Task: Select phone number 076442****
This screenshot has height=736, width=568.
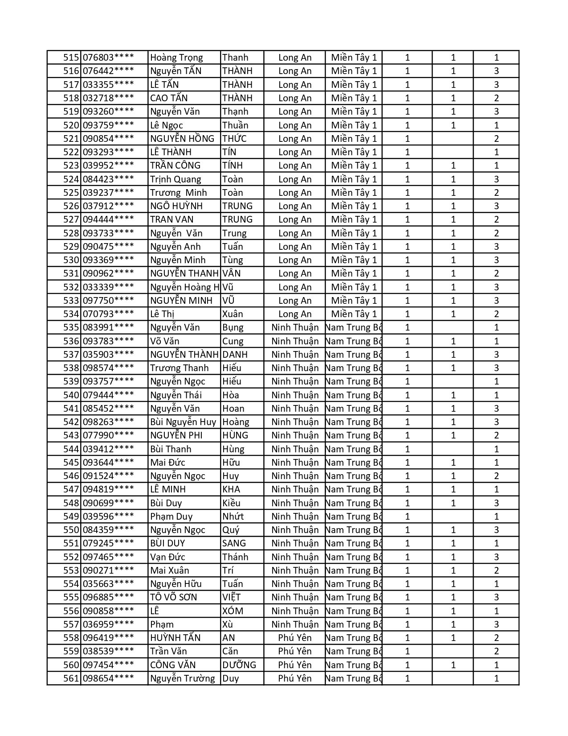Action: pos(108,71)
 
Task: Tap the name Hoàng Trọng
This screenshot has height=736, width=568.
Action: pos(176,58)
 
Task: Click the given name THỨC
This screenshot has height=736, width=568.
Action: pos(234,139)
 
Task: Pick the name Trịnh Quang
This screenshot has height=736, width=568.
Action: pos(176,179)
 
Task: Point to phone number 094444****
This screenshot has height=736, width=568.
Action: pos(108,219)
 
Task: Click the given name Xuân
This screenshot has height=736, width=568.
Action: pos(233,314)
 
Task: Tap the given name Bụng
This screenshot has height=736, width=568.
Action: pos(233,327)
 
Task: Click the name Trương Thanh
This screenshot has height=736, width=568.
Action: pos(179,368)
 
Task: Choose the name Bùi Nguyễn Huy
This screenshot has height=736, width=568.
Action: pos(183,422)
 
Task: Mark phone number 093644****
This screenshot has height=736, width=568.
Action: pos(108,463)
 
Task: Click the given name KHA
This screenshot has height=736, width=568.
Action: pos(231,489)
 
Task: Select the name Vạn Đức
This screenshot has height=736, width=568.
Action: pos(168,557)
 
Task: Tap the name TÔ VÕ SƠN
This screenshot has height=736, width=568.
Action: pos(173,597)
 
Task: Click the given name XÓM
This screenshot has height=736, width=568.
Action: pos(233,611)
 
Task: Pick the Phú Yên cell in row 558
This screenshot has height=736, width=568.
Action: pos(294,638)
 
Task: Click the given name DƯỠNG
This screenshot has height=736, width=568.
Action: pos(239,665)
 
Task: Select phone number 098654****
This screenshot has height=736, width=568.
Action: pos(108,678)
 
